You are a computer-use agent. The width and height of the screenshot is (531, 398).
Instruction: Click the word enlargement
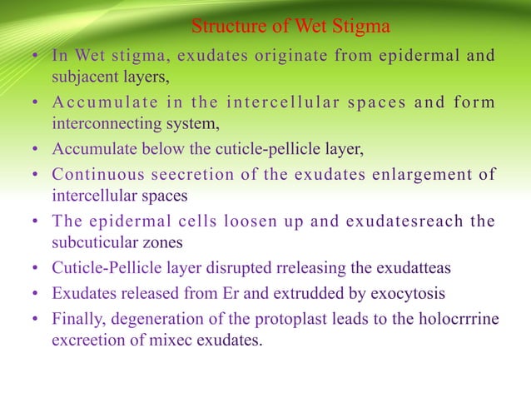418,174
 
